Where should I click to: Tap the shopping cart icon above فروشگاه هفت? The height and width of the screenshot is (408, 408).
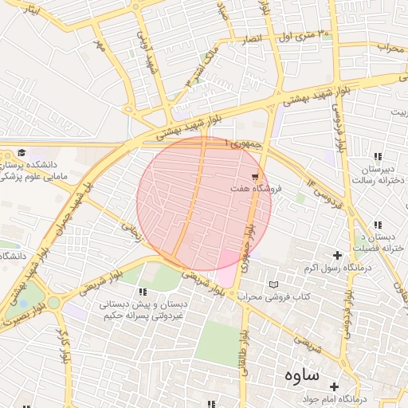click(255, 176)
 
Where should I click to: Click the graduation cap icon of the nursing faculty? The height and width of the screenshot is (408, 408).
click(22, 152)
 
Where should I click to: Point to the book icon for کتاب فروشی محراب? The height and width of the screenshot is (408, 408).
click(274, 284)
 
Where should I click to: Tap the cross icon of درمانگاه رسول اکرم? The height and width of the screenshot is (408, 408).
click(338, 255)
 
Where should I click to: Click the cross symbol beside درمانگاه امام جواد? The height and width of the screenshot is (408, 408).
click(334, 386)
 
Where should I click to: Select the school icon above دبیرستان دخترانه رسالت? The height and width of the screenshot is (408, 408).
click(377, 156)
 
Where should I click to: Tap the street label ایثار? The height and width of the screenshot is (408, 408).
click(30, 9)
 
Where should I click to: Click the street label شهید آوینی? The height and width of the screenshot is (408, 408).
click(145, 49)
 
